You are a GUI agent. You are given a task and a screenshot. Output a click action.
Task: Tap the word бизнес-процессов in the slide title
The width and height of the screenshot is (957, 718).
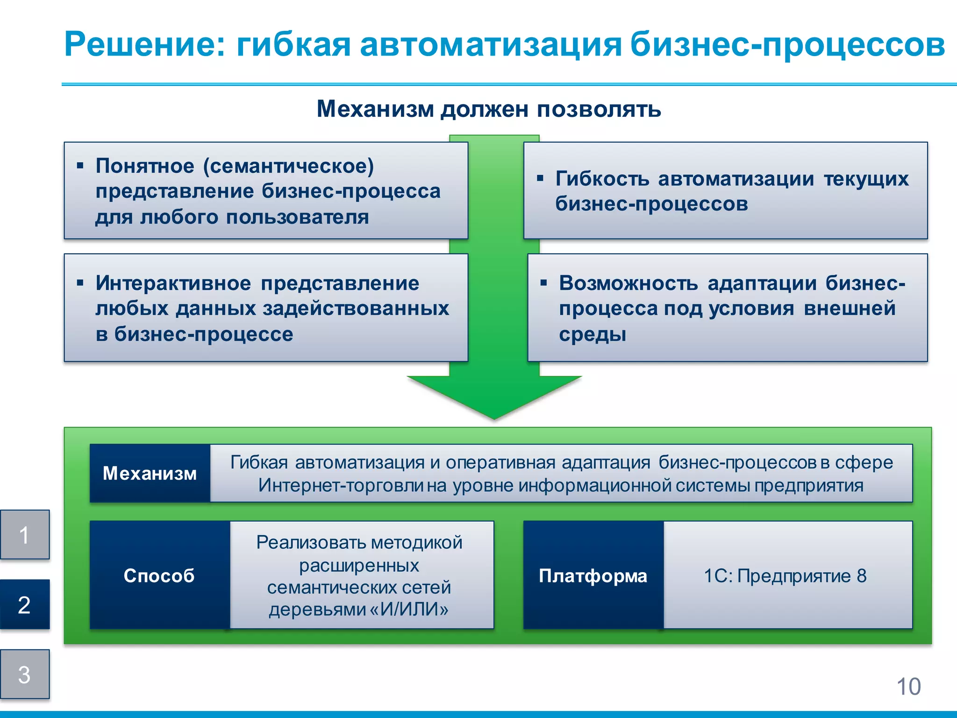[787, 44]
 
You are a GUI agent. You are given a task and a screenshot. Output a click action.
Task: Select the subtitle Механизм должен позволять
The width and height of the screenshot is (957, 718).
[489, 109]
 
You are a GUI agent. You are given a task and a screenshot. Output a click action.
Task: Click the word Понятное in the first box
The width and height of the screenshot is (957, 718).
[145, 166]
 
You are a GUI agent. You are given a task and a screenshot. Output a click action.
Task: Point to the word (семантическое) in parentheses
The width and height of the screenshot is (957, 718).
[288, 166]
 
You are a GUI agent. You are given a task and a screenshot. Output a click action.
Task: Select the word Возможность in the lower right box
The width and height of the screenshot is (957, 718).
[628, 283]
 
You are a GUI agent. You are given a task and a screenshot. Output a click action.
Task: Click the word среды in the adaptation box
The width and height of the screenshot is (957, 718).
[592, 334]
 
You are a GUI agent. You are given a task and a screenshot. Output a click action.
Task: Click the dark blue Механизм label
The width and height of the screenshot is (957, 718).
[150, 474]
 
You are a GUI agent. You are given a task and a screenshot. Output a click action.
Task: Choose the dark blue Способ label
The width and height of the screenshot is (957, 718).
[159, 575]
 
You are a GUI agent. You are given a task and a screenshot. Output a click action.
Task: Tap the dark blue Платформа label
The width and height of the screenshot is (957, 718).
[593, 575]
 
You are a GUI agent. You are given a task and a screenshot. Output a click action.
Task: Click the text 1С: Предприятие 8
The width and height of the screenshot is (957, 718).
[785, 575]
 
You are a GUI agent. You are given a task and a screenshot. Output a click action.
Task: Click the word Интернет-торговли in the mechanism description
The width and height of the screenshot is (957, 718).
[341, 485]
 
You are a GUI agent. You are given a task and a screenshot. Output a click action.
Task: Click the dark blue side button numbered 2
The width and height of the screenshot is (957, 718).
[25, 605]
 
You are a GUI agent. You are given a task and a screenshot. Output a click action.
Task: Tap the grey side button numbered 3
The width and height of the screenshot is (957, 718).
[25, 675]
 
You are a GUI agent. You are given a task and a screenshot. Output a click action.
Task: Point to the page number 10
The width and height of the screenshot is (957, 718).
[908, 687]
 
